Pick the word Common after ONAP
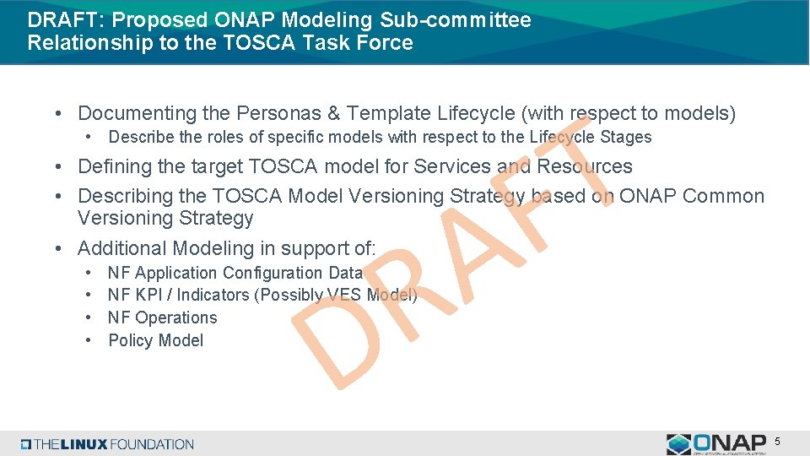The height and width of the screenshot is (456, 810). click(x=723, y=196)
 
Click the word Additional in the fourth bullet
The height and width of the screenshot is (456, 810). click(x=122, y=248)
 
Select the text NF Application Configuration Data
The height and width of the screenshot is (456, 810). click(x=235, y=273)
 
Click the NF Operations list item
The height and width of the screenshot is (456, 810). click(x=163, y=318)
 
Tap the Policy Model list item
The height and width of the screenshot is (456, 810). click(x=156, y=340)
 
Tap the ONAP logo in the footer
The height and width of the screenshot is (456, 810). click(x=716, y=444)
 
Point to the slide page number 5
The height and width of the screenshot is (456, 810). click(x=777, y=442)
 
